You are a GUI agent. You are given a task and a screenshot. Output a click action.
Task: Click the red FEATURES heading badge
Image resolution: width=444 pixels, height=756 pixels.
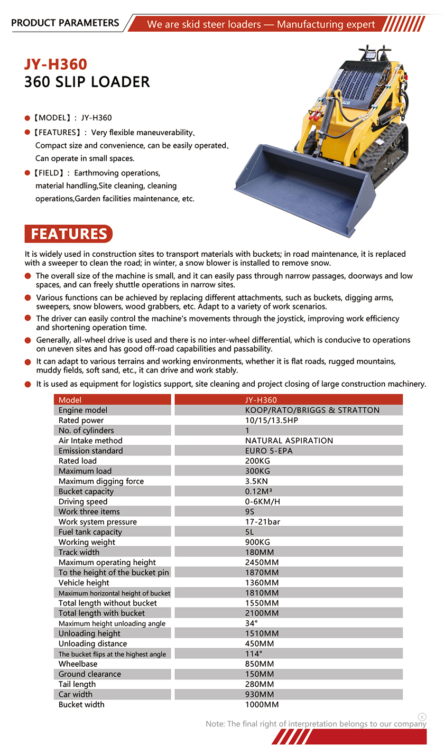(69, 234)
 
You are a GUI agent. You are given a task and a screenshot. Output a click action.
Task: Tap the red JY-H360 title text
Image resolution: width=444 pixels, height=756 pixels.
(55, 64)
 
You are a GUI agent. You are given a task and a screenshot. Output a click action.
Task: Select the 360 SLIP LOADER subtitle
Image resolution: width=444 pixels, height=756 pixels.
(87, 82)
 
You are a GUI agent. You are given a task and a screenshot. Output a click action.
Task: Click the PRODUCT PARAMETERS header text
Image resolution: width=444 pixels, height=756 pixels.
(65, 23)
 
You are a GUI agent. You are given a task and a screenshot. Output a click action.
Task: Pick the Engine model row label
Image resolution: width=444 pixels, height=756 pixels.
(83, 410)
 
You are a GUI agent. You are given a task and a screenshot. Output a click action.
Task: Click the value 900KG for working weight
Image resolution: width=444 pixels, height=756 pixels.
(258, 542)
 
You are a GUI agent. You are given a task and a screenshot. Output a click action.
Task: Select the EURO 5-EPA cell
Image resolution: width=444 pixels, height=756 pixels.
(269, 451)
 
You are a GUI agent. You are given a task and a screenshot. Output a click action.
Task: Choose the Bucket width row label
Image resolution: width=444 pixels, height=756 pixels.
(81, 704)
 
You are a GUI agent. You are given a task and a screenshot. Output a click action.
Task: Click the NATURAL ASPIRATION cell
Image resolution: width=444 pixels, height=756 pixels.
(289, 441)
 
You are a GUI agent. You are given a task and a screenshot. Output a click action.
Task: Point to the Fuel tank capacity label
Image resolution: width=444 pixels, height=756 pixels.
(90, 532)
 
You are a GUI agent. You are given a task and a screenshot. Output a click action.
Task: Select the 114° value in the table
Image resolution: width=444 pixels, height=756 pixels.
(254, 654)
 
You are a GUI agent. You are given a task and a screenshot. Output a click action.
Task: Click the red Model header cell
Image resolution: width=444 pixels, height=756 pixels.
(113, 400)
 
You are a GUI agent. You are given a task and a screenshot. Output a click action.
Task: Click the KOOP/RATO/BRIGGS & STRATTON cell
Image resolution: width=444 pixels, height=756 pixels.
(312, 410)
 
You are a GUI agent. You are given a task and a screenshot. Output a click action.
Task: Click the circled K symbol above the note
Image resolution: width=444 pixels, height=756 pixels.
(422, 716)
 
